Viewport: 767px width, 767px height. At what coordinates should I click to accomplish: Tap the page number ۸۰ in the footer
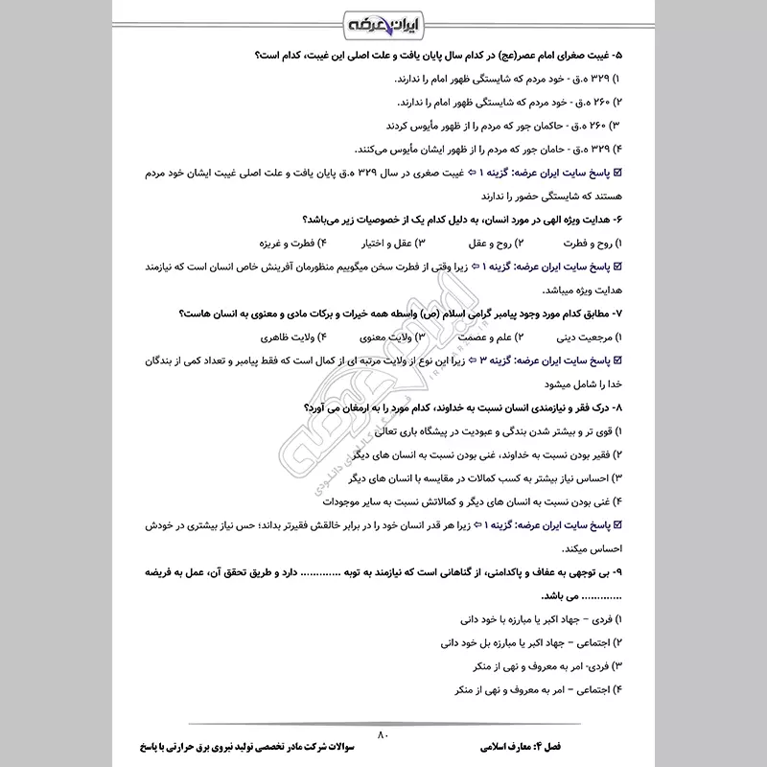pos(383,733)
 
